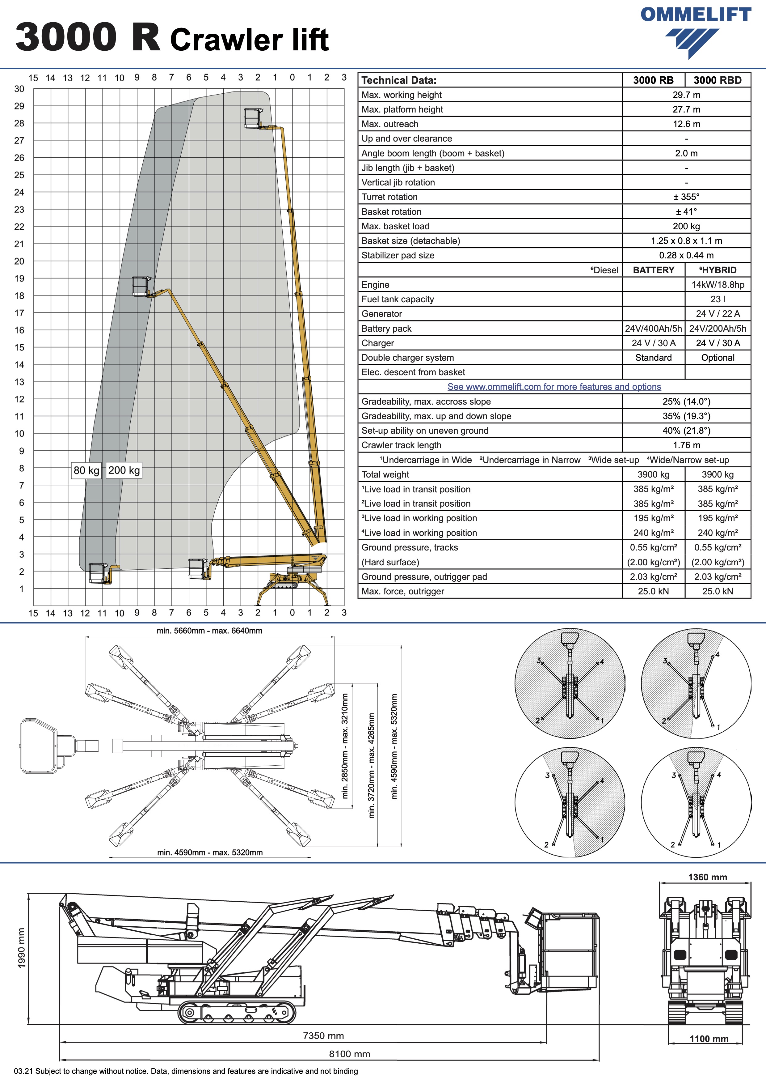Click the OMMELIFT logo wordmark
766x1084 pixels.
pyautogui.click(x=696, y=15)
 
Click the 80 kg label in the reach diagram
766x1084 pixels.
pyautogui.click(x=86, y=470)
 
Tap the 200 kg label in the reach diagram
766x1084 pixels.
pyautogui.click(x=124, y=470)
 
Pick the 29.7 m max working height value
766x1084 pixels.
pyautogui.click(x=686, y=95)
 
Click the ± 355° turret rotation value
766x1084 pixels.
pyautogui.click(x=686, y=197)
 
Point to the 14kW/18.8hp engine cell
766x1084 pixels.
pyautogui.click(x=718, y=285)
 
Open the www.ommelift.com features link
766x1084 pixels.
pyautogui.click(x=554, y=387)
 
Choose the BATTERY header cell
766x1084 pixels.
pyautogui.click(x=653, y=270)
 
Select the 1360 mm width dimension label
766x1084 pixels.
pyautogui.click(x=708, y=877)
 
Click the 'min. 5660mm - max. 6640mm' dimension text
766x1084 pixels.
pyautogui.click(x=209, y=631)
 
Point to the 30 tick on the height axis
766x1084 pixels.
pyautogui.click(x=19, y=89)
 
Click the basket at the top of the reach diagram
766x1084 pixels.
pyautogui.click(x=252, y=118)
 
